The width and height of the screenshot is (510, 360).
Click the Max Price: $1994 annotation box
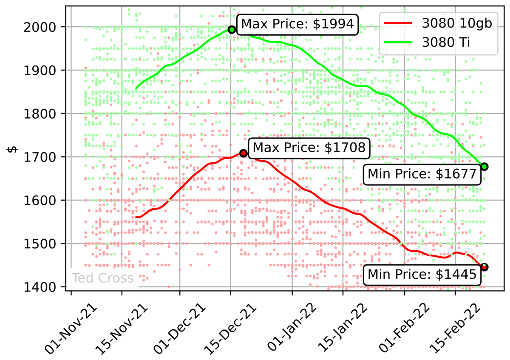[297, 25]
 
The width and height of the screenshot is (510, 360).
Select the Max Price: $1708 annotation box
[309, 148]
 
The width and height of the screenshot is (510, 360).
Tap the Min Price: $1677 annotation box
[422, 174]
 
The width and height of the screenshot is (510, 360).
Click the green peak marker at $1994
[232, 29]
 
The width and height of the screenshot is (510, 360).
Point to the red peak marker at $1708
[243, 153]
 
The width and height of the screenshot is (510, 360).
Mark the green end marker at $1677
[484, 167]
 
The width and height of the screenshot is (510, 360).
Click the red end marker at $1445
[484, 267]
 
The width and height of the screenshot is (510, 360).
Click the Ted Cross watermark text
[102, 278]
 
